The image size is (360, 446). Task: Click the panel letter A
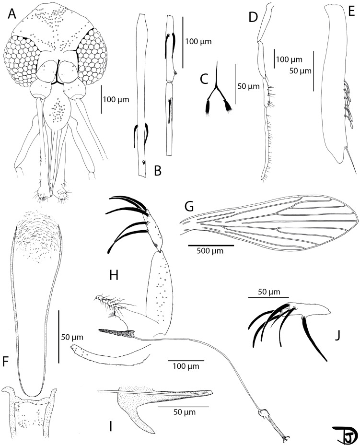13,16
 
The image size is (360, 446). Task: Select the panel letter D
254,17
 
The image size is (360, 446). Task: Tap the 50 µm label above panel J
265,291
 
